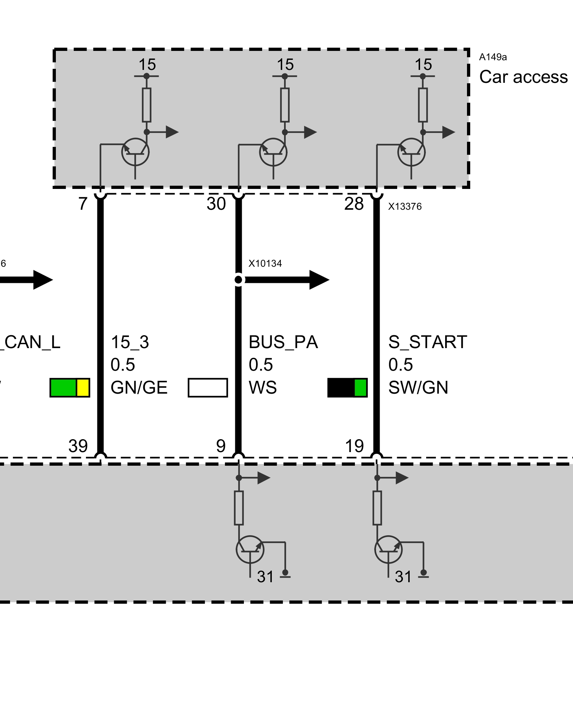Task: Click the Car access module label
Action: (523, 77)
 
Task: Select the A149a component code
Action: (493, 57)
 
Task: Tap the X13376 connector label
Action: (405, 206)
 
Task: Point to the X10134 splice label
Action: (265, 263)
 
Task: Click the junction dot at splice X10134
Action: (239, 280)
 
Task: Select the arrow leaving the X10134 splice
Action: (286, 280)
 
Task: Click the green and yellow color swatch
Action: (70, 388)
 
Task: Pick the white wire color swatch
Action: (208, 388)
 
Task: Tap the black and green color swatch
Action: (347, 388)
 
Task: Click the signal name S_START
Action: (428, 342)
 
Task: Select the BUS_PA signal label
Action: (283, 342)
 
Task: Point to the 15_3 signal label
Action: (130, 342)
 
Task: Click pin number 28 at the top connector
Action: (354, 204)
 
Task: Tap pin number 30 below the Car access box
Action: (216, 204)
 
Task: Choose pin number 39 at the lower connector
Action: (78, 446)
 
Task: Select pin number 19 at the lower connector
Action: (354, 446)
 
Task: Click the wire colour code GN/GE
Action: (139, 388)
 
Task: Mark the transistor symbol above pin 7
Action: (135, 152)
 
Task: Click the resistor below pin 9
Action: (239, 508)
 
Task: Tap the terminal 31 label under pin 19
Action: (403, 577)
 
